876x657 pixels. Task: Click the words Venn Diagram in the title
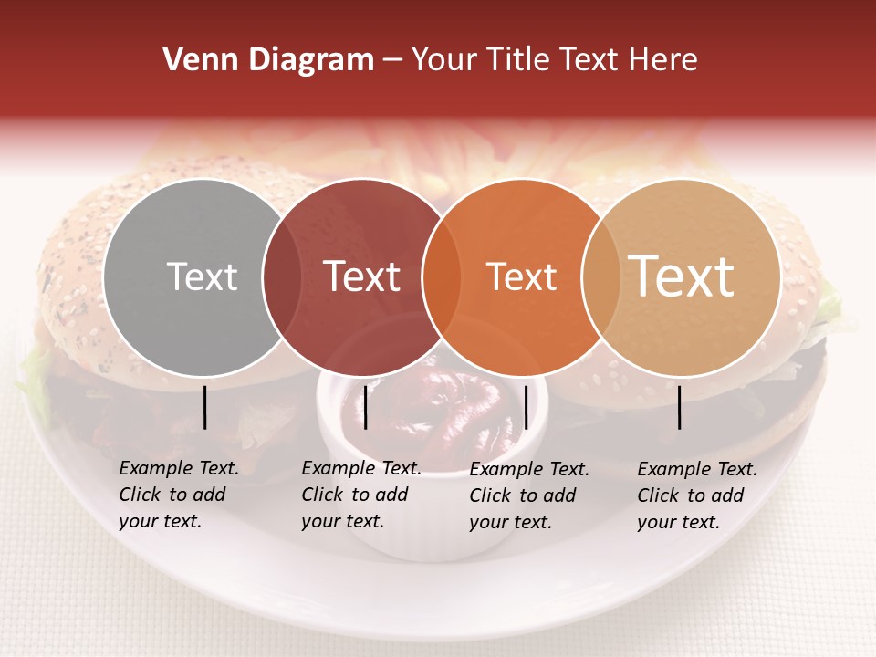268,60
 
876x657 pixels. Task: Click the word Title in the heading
517,60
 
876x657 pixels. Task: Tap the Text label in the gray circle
202,276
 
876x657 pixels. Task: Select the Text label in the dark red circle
361,276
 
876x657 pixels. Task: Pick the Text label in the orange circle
521,276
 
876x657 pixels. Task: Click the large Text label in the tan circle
681,276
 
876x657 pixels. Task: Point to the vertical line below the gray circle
205,407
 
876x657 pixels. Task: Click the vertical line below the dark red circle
365,407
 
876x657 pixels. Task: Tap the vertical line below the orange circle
526,407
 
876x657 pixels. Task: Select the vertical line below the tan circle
680,407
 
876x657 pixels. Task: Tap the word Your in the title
445,60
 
